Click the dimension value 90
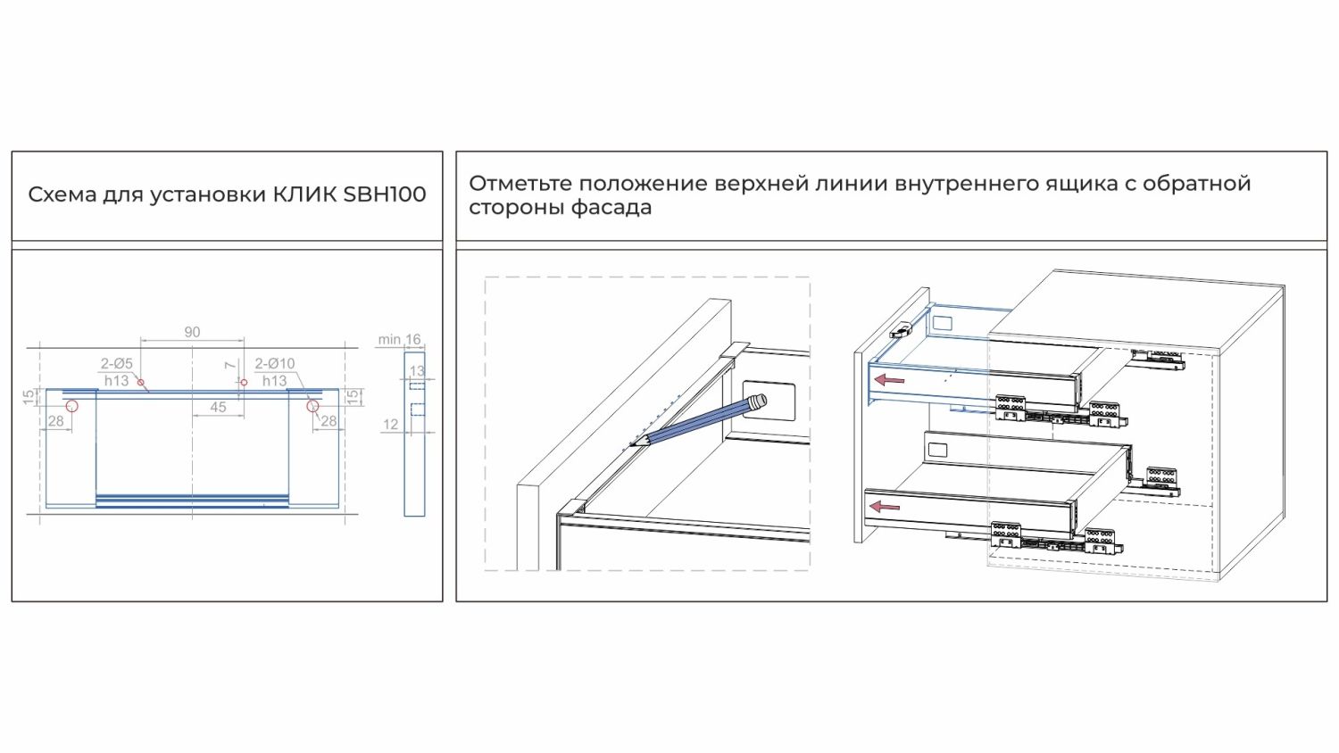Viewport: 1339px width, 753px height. (x=192, y=332)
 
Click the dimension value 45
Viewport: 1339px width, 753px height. (x=218, y=407)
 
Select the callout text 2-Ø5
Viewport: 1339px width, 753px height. (x=117, y=363)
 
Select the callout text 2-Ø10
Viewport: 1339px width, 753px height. (x=275, y=363)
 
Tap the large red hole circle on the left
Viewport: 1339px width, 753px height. (x=72, y=406)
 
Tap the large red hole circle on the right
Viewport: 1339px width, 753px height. (x=312, y=406)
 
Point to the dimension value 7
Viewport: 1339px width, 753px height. (x=230, y=365)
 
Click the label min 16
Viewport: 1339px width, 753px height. (x=399, y=339)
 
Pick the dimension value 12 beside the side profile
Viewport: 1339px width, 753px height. (x=390, y=425)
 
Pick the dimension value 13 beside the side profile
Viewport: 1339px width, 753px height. (x=417, y=371)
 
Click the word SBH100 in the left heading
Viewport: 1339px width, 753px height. (x=385, y=194)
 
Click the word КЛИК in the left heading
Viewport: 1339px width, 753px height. (x=305, y=194)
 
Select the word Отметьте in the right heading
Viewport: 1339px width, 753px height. (x=520, y=184)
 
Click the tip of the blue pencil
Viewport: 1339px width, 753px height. (x=633, y=444)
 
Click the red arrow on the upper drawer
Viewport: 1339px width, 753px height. (x=889, y=380)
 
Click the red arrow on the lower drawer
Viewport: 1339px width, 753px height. (x=885, y=508)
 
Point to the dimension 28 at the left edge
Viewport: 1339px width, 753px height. (x=56, y=421)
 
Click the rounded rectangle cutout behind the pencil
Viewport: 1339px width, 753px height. (x=769, y=401)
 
